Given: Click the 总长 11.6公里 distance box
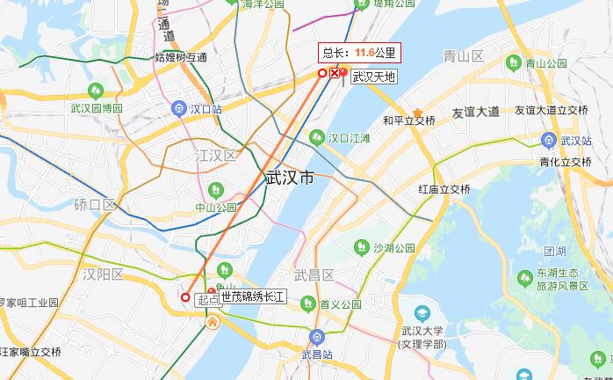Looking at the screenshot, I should point(360,53).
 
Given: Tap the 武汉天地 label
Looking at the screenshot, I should point(374,77).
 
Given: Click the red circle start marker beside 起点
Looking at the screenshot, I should point(185,297).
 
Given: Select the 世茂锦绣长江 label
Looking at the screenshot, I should point(254,298).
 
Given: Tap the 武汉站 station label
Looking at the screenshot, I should point(576,140).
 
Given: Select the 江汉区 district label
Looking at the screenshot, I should point(216,156).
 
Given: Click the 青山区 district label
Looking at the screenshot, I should point(464,57).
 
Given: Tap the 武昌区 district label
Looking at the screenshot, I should point(314,275).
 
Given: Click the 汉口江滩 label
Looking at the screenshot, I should point(349,138).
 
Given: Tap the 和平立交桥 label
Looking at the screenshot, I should point(409,121).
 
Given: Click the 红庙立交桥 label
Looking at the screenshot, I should point(444,189).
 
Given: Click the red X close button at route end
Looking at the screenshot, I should point(335,74).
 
